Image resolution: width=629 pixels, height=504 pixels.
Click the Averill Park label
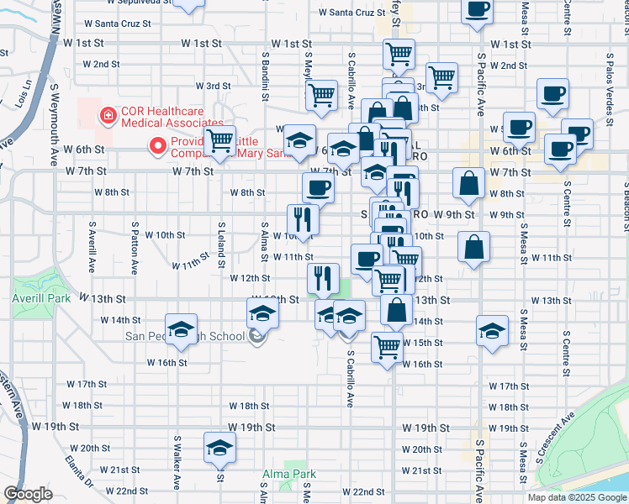coord(28,297)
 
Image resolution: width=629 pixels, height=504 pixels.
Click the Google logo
coord(28,494)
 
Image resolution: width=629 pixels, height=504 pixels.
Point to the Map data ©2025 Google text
coord(576,497)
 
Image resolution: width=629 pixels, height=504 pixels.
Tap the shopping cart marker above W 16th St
coord(387,344)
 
